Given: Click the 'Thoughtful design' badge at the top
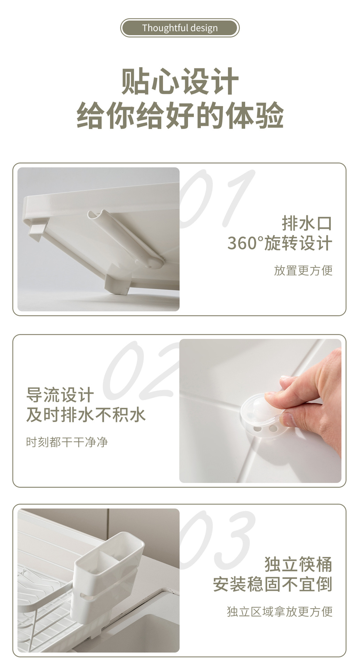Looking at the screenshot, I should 180,28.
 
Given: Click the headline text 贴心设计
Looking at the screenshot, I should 180,81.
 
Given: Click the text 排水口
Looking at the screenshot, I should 306,223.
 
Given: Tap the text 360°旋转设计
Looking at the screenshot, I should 280,243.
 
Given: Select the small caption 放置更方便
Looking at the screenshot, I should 303,270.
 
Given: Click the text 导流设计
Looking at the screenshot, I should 60,395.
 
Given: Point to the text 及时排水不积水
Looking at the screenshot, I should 86,415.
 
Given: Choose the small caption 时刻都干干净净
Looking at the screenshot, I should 67,442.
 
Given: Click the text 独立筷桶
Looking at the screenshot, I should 298,564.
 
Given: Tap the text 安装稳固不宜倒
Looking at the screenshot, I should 273,584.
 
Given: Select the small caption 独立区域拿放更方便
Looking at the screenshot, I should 280,611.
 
